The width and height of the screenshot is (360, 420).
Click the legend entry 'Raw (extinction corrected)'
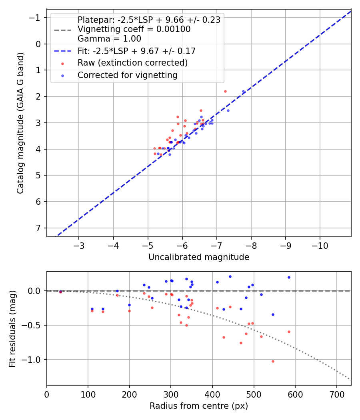point(132,63)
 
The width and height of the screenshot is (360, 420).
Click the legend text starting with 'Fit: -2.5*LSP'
point(136,51)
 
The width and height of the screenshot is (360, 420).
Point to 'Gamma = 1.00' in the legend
point(109,39)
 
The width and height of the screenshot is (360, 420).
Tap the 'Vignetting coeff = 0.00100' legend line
point(134,29)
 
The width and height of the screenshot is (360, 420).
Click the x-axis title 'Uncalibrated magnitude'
point(199,257)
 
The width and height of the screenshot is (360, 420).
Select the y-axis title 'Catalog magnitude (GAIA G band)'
point(20,123)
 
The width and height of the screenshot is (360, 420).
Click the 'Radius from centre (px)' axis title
point(199,406)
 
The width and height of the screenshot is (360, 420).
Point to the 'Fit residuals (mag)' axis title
point(12,329)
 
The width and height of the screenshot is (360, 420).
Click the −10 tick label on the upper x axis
point(320,245)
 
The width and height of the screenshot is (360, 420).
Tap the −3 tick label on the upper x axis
point(79,245)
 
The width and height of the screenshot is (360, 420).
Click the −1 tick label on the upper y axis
point(36,18)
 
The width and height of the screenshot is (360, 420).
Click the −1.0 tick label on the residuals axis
point(32,360)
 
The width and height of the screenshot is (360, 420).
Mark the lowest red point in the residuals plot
point(273,361)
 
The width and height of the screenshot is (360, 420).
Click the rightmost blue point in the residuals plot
point(289,277)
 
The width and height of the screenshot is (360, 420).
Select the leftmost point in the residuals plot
point(60,292)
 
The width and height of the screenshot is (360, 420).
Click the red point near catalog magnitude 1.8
point(225,91)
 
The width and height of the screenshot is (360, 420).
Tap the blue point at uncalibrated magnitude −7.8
point(243,91)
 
